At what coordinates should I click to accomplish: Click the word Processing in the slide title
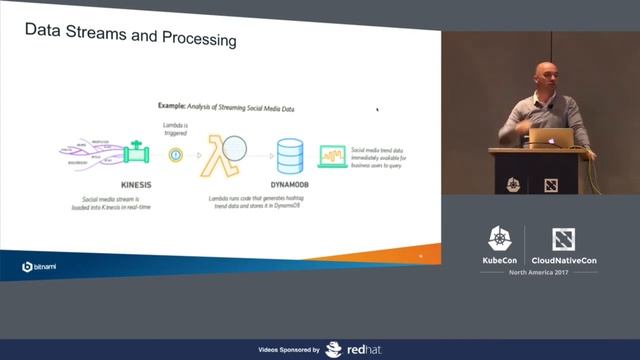195,41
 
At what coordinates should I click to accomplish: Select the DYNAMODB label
290,183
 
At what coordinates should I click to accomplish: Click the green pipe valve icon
136,155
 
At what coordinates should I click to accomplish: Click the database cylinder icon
290,155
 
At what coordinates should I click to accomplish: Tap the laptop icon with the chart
332,156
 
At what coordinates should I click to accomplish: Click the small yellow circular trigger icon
176,155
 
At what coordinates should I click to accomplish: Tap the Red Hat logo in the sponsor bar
350,349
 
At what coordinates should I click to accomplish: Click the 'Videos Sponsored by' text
288,350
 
